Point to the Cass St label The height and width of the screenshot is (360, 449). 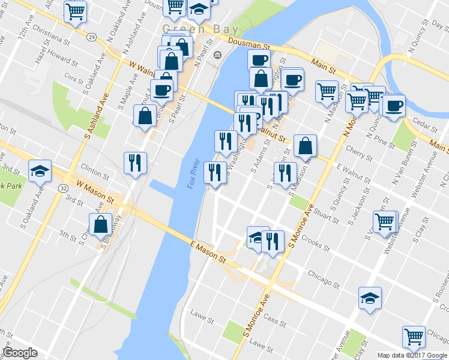pyautogui.click(x=274, y=323)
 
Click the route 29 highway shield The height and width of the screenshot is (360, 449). pyautogui.click(x=91, y=37)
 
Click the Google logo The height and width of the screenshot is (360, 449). pyautogui.click(x=20, y=353)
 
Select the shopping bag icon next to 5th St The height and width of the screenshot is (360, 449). pyautogui.click(x=101, y=225)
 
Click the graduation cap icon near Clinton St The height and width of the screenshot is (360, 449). pyautogui.click(x=40, y=171)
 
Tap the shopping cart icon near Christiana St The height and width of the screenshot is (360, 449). pyautogui.click(x=76, y=11)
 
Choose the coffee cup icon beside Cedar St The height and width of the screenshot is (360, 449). pyautogui.click(x=394, y=106)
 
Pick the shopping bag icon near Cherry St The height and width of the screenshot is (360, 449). pyautogui.click(x=305, y=145)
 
